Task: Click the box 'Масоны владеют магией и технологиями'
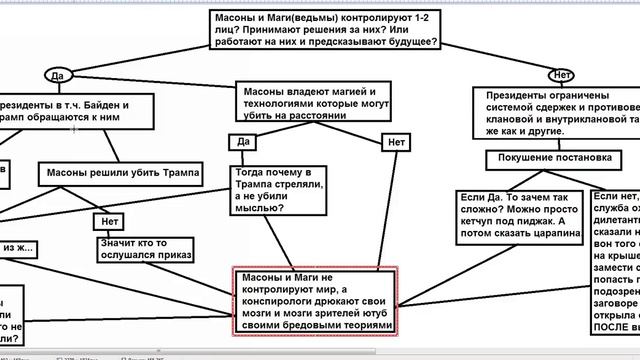[x=309, y=104]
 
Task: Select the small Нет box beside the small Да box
[x=396, y=143]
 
